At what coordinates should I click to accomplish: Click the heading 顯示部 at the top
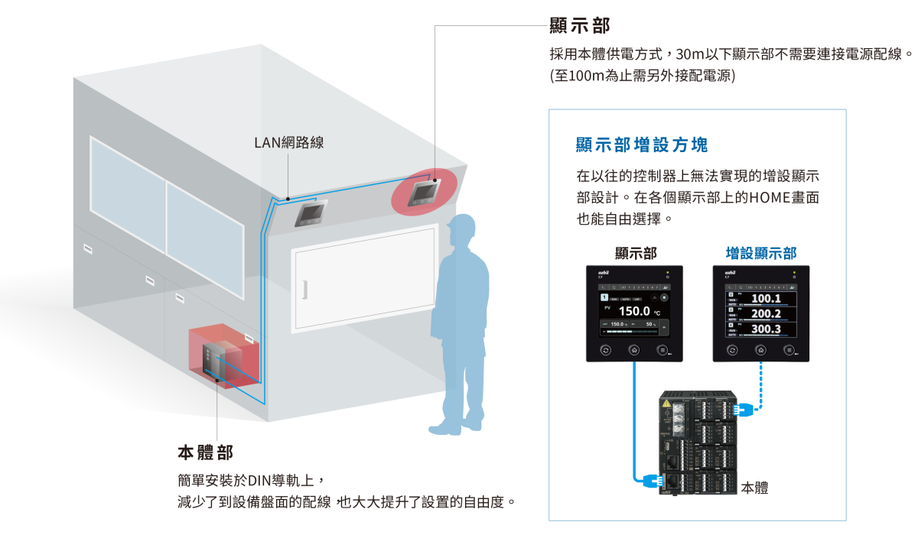point(580,26)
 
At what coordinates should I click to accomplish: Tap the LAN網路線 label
point(288,142)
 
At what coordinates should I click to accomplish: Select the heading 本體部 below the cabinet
point(205,452)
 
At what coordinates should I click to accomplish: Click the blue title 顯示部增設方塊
point(642,144)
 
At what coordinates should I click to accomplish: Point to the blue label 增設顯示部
point(760,253)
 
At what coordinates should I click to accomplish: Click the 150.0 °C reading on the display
point(634,311)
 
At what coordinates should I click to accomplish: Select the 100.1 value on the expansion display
point(766,297)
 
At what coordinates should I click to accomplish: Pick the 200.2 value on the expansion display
point(766,313)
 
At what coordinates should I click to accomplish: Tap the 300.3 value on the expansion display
point(766,329)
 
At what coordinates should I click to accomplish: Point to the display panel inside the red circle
point(423,192)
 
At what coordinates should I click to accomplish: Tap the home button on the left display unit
point(634,350)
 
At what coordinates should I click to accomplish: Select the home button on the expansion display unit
point(760,350)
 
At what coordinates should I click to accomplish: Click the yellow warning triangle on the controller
point(666,404)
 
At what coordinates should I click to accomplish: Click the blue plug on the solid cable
point(653,480)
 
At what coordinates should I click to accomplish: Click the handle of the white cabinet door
point(304,290)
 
